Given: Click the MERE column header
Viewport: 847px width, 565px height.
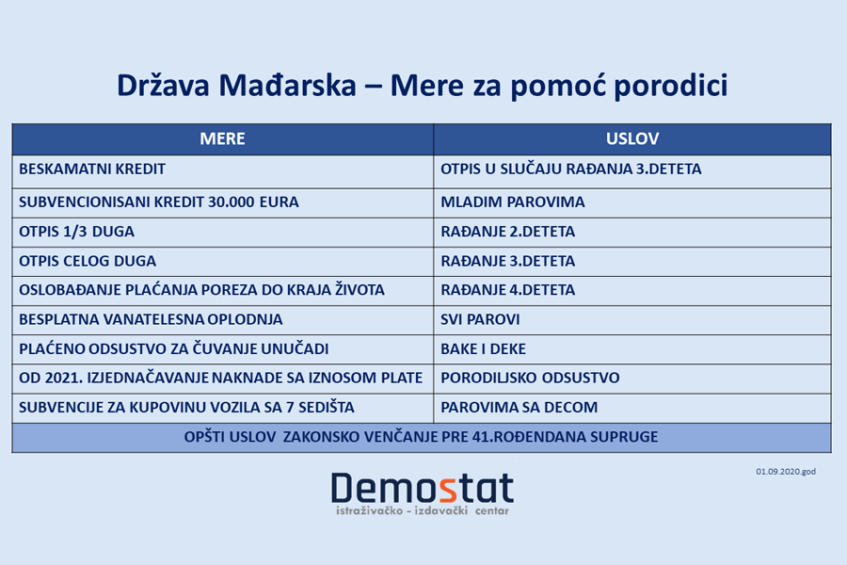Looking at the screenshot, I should [x=222, y=139].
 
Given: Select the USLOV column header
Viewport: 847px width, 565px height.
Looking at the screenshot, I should [x=631, y=139].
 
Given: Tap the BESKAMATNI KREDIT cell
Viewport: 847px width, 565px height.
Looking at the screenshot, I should [x=92, y=169].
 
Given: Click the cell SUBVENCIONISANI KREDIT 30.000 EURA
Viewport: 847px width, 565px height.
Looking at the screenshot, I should [x=159, y=202].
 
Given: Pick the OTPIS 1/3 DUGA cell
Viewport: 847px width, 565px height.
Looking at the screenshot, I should [x=76, y=232].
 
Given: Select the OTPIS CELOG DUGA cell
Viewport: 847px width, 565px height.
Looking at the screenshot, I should [x=88, y=261].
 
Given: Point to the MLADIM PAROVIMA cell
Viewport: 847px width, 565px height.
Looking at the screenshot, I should [x=513, y=202].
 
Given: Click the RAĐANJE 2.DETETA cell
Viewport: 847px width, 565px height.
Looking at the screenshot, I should [x=507, y=232].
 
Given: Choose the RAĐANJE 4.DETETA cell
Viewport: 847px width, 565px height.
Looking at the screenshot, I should [x=507, y=290].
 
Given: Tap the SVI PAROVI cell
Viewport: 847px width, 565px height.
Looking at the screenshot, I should [x=480, y=319].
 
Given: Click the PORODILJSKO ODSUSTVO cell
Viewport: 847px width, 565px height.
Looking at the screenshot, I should [x=530, y=378].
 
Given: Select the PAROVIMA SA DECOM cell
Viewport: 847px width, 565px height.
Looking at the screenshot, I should [x=519, y=408].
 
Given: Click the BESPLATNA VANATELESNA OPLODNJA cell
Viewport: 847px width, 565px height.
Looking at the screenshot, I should [x=151, y=319].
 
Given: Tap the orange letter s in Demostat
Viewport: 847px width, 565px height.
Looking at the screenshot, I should [x=450, y=488].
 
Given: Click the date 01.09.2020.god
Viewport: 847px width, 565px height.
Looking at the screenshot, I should [x=785, y=471].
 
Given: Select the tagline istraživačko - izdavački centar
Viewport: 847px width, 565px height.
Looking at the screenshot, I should [x=423, y=511].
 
